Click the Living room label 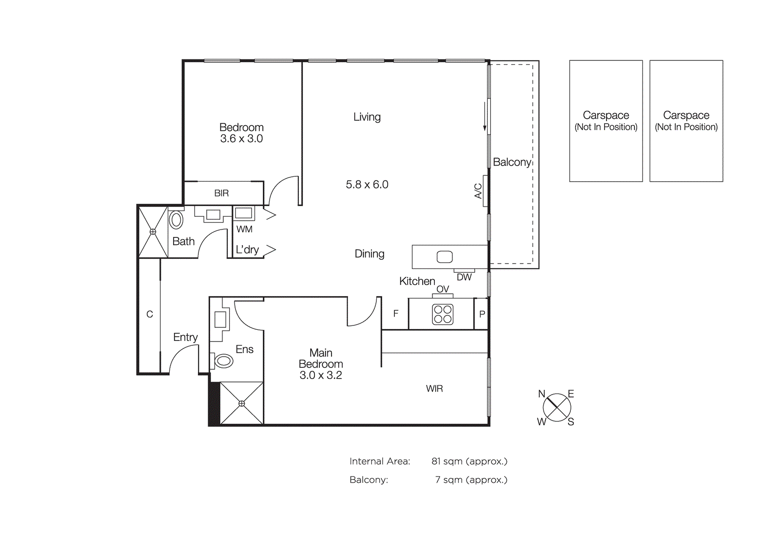point(367,117)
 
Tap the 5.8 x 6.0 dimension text point(367,185)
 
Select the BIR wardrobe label point(221,193)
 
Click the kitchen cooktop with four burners point(443,314)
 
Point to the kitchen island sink point(444,257)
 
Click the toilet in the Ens point(224,361)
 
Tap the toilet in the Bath point(176,220)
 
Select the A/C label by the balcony point(478,191)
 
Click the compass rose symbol point(557,408)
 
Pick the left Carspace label point(605,115)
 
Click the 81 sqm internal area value point(469,461)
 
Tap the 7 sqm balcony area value point(471,480)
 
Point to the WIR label point(434,389)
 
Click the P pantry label point(482,314)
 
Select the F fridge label point(396,314)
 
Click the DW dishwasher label point(464,277)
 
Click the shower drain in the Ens point(242,403)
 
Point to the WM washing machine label point(244,229)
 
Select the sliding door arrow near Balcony point(485,117)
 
